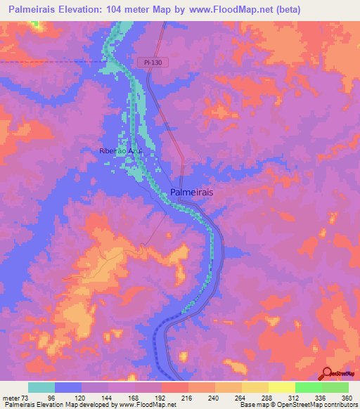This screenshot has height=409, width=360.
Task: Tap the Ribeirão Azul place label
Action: pyautogui.click(x=121, y=151)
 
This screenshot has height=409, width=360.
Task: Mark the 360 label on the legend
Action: pyautogui.click(x=346, y=397)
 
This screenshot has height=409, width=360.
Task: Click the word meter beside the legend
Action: pyautogui.click(x=10, y=397)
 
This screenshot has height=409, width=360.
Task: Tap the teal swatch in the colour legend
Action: pyautogui.click(x=41, y=387)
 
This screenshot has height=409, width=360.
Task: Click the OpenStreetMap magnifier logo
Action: pyautogui.click(x=326, y=373)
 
